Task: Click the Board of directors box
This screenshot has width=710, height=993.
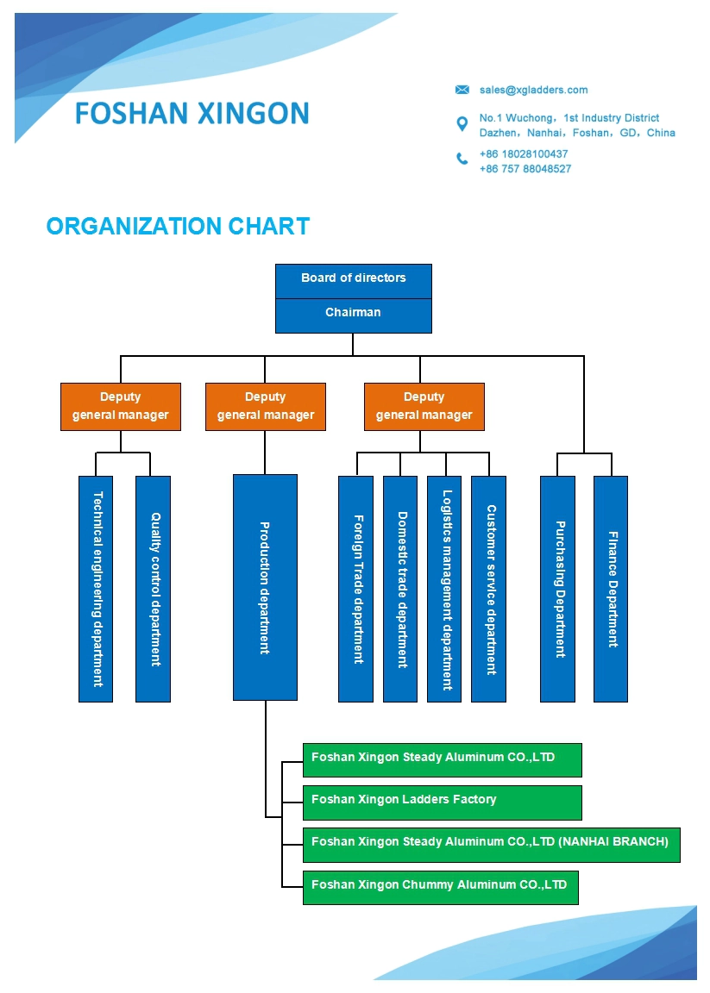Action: [x=354, y=281]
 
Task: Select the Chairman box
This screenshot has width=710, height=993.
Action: [x=354, y=315]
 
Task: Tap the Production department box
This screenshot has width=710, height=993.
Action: [x=265, y=587]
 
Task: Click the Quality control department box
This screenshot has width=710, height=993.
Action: [x=153, y=589]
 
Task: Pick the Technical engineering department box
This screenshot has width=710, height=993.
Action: [x=96, y=589]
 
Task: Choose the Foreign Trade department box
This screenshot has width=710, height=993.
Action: [x=355, y=589]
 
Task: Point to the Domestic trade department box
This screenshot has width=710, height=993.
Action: [x=400, y=589]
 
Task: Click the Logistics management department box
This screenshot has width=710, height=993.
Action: [x=444, y=589]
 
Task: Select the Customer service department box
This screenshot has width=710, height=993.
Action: [x=489, y=589]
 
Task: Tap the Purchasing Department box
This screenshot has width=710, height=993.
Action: [x=558, y=589]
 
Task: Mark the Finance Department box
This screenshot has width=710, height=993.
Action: [x=611, y=589]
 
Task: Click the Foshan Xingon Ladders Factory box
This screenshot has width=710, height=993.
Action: [x=443, y=803]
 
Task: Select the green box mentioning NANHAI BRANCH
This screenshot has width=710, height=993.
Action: [x=491, y=845]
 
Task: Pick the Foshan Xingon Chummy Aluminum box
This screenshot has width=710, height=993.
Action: [x=441, y=887]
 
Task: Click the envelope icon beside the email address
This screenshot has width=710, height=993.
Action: [x=462, y=90]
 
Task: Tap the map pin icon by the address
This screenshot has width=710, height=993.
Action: [x=462, y=124]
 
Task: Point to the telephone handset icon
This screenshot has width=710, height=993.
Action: [x=462, y=159]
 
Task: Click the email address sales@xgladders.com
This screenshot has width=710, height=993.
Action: [x=533, y=90]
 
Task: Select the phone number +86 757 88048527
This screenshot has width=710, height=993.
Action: [x=525, y=169]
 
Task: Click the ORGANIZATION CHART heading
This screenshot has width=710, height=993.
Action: [x=178, y=226]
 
